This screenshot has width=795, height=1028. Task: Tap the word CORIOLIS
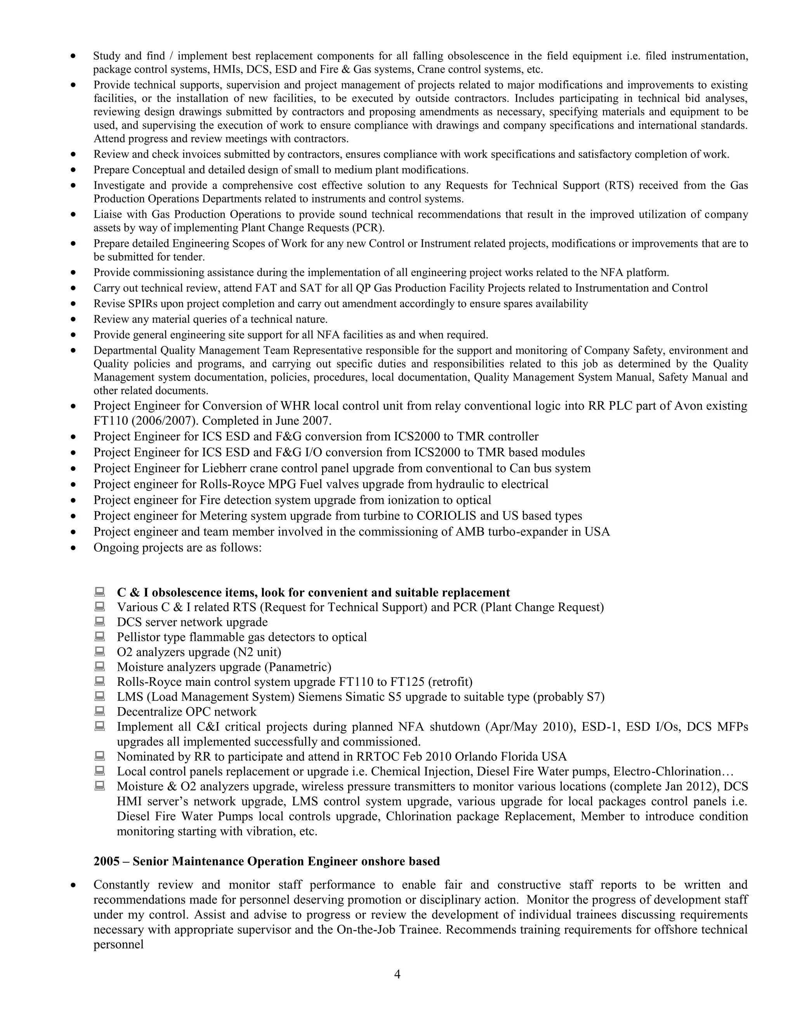(446, 516)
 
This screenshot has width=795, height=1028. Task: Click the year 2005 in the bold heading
(106, 861)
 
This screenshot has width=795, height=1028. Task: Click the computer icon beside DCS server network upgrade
(99, 621)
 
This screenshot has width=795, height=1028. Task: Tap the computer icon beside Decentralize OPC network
(99, 711)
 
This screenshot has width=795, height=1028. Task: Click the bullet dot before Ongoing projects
(73, 548)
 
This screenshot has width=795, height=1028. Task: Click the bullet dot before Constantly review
(73, 885)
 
